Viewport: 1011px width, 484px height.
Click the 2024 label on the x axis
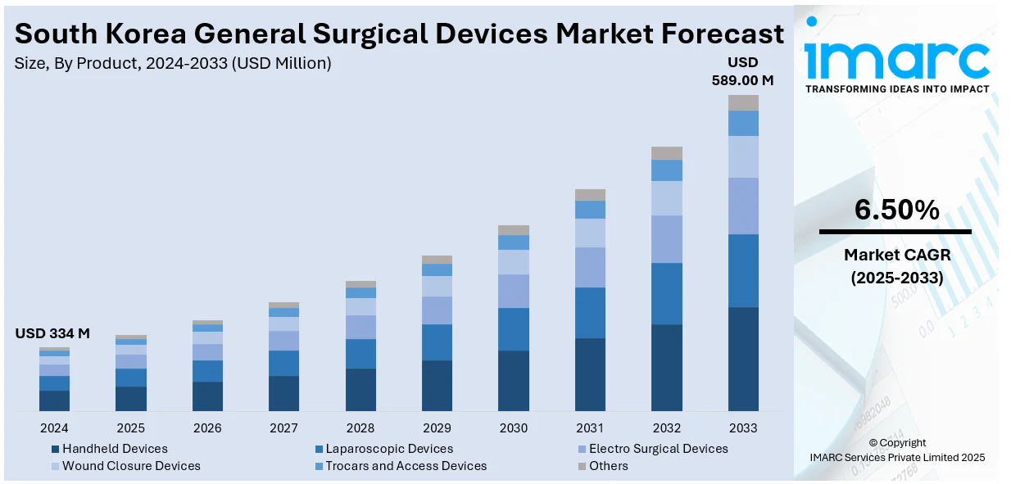pyautogui.click(x=54, y=427)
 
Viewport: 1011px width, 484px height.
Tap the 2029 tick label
pyautogui.click(x=437, y=427)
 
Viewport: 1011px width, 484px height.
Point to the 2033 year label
pyautogui.click(x=743, y=427)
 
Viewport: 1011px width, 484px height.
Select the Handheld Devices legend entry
pyautogui.click(x=115, y=449)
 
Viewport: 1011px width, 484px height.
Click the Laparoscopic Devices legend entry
pyautogui.click(x=389, y=449)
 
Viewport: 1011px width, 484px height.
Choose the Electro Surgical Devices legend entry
pyautogui.click(x=658, y=449)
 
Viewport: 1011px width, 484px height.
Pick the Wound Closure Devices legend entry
pyautogui.click(x=131, y=466)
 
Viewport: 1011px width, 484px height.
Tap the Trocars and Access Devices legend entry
pyautogui.click(x=406, y=466)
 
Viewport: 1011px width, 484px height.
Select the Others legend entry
pyautogui.click(x=608, y=466)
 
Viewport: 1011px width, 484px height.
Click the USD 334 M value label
pyautogui.click(x=52, y=333)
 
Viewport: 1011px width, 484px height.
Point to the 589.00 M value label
pyautogui.click(x=743, y=80)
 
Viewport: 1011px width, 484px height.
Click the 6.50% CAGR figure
pyautogui.click(x=896, y=210)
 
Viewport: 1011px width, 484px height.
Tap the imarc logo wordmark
pyautogui.click(x=896, y=57)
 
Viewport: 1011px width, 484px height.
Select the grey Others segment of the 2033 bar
pyautogui.click(x=743, y=102)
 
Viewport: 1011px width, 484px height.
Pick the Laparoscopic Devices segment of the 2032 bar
pyautogui.click(x=667, y=293)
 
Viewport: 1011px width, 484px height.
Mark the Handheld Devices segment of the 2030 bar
pyautogui.click(x=514, y=381)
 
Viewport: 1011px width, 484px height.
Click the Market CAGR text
pyautogui.click(x=896, y=256)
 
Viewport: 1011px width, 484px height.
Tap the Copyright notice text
pyautogui.click(x=896, y=443)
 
